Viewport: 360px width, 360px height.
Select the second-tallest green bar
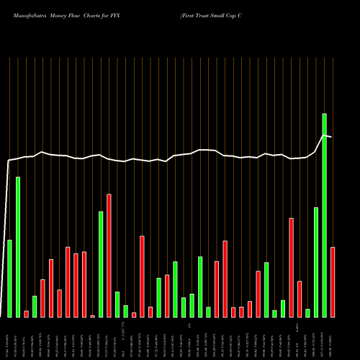[x=18, y=246]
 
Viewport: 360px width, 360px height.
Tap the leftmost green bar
[x=9, y=278]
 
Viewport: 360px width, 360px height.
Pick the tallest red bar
[x=109, y=255]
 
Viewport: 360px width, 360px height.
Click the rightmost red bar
[x=333, y=282]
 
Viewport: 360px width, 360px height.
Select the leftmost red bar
[x=26, y=313]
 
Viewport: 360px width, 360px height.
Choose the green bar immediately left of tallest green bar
[x=316, y=262]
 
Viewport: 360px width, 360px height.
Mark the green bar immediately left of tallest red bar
[x=101, y=264]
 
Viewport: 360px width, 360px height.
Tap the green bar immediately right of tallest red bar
[x=117, y=304]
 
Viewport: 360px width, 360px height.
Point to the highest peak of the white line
[x=325, y=135]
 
